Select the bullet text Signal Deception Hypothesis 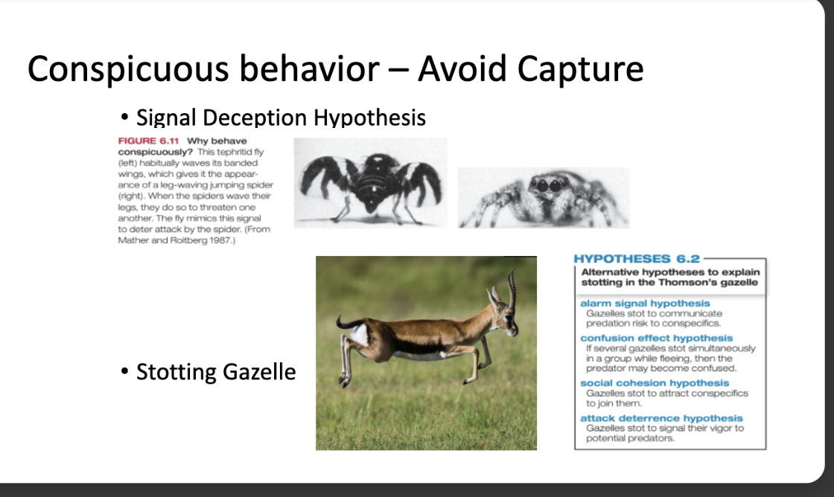(281, 118)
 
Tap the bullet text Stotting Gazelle (215, 371)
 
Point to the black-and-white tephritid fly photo (370, 182)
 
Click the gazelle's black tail (347, 324)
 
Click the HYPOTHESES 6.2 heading (637, 259)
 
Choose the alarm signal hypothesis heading (645, 304)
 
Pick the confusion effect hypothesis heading (656, 339)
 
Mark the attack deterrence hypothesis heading (661, 419)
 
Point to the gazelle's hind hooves (344, 381)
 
